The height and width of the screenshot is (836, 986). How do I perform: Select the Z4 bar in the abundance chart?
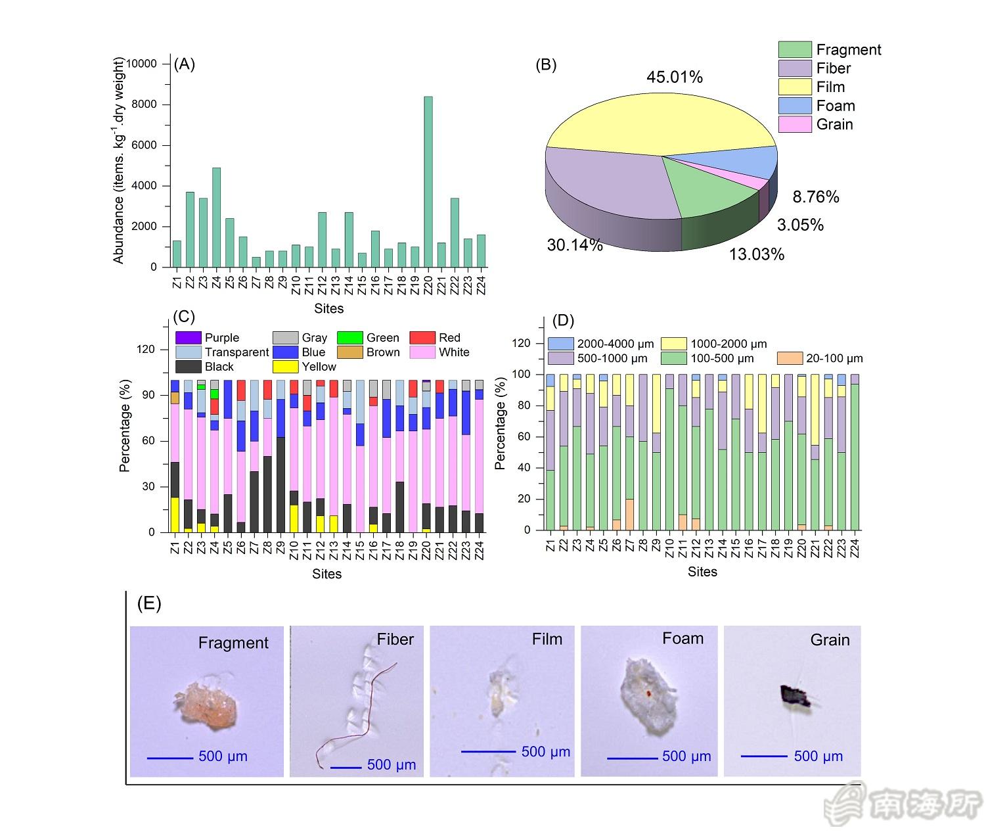tap(216, 218)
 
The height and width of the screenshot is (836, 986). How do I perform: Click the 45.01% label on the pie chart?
tap(674, 78)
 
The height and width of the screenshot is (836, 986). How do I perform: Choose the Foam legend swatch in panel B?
tap(794, 106)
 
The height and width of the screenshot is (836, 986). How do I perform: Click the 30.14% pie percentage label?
tap(575, 245)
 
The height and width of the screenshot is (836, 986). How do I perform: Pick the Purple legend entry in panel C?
tap(206, 338)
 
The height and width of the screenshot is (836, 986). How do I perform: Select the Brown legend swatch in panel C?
tap(349, 352)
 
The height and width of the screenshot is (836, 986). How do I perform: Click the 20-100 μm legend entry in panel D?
tap(820, 359)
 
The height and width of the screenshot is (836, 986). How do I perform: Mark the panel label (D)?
tap(563, 321)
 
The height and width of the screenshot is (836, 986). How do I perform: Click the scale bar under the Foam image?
tap(632, 758)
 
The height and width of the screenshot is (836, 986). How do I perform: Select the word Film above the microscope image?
tap(547, 639)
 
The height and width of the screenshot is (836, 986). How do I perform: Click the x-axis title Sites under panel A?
tap(328, 308)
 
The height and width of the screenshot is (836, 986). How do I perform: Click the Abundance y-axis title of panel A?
tap(119, 161)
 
